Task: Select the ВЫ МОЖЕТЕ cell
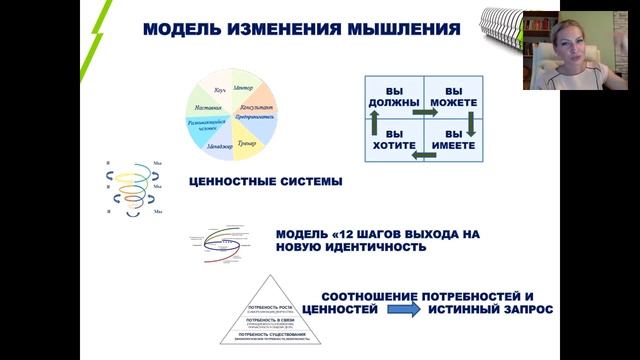pos(453,96)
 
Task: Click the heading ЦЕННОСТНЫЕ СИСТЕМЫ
pos(265,182)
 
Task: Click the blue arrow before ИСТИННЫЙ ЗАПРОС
pos(404,312)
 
